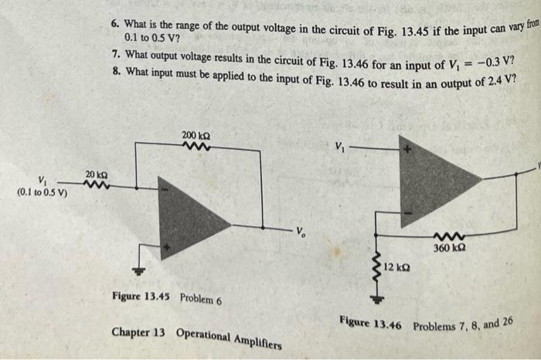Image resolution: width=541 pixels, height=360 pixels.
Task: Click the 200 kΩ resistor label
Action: click(195, 135)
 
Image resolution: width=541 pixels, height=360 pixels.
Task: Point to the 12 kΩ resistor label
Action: click(400, 267)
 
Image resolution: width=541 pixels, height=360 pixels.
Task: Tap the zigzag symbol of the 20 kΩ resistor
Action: click(97, 185)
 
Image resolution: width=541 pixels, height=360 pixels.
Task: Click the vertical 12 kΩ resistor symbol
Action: click(378, 267)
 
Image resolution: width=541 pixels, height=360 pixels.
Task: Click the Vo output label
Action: click(302, 230)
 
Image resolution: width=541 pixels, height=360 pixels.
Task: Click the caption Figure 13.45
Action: click(141, 296)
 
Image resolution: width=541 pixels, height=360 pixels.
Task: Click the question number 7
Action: click(114, 56)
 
